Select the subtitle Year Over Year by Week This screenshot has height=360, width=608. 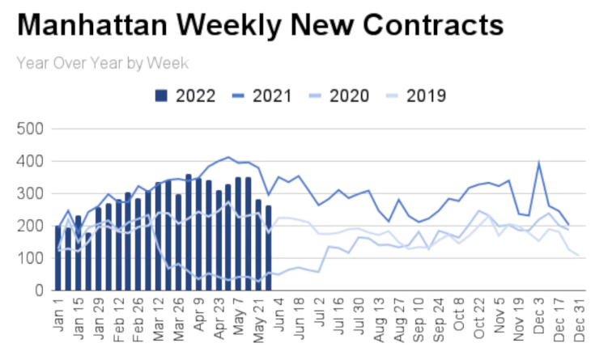[x=102, y=62]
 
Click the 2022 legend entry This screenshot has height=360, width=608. [x=185, y=96]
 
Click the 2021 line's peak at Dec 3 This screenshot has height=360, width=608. [x=539, y=163]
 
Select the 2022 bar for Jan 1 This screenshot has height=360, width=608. [x=58, y=258]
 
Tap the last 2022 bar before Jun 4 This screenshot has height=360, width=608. [x=269, y=248]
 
